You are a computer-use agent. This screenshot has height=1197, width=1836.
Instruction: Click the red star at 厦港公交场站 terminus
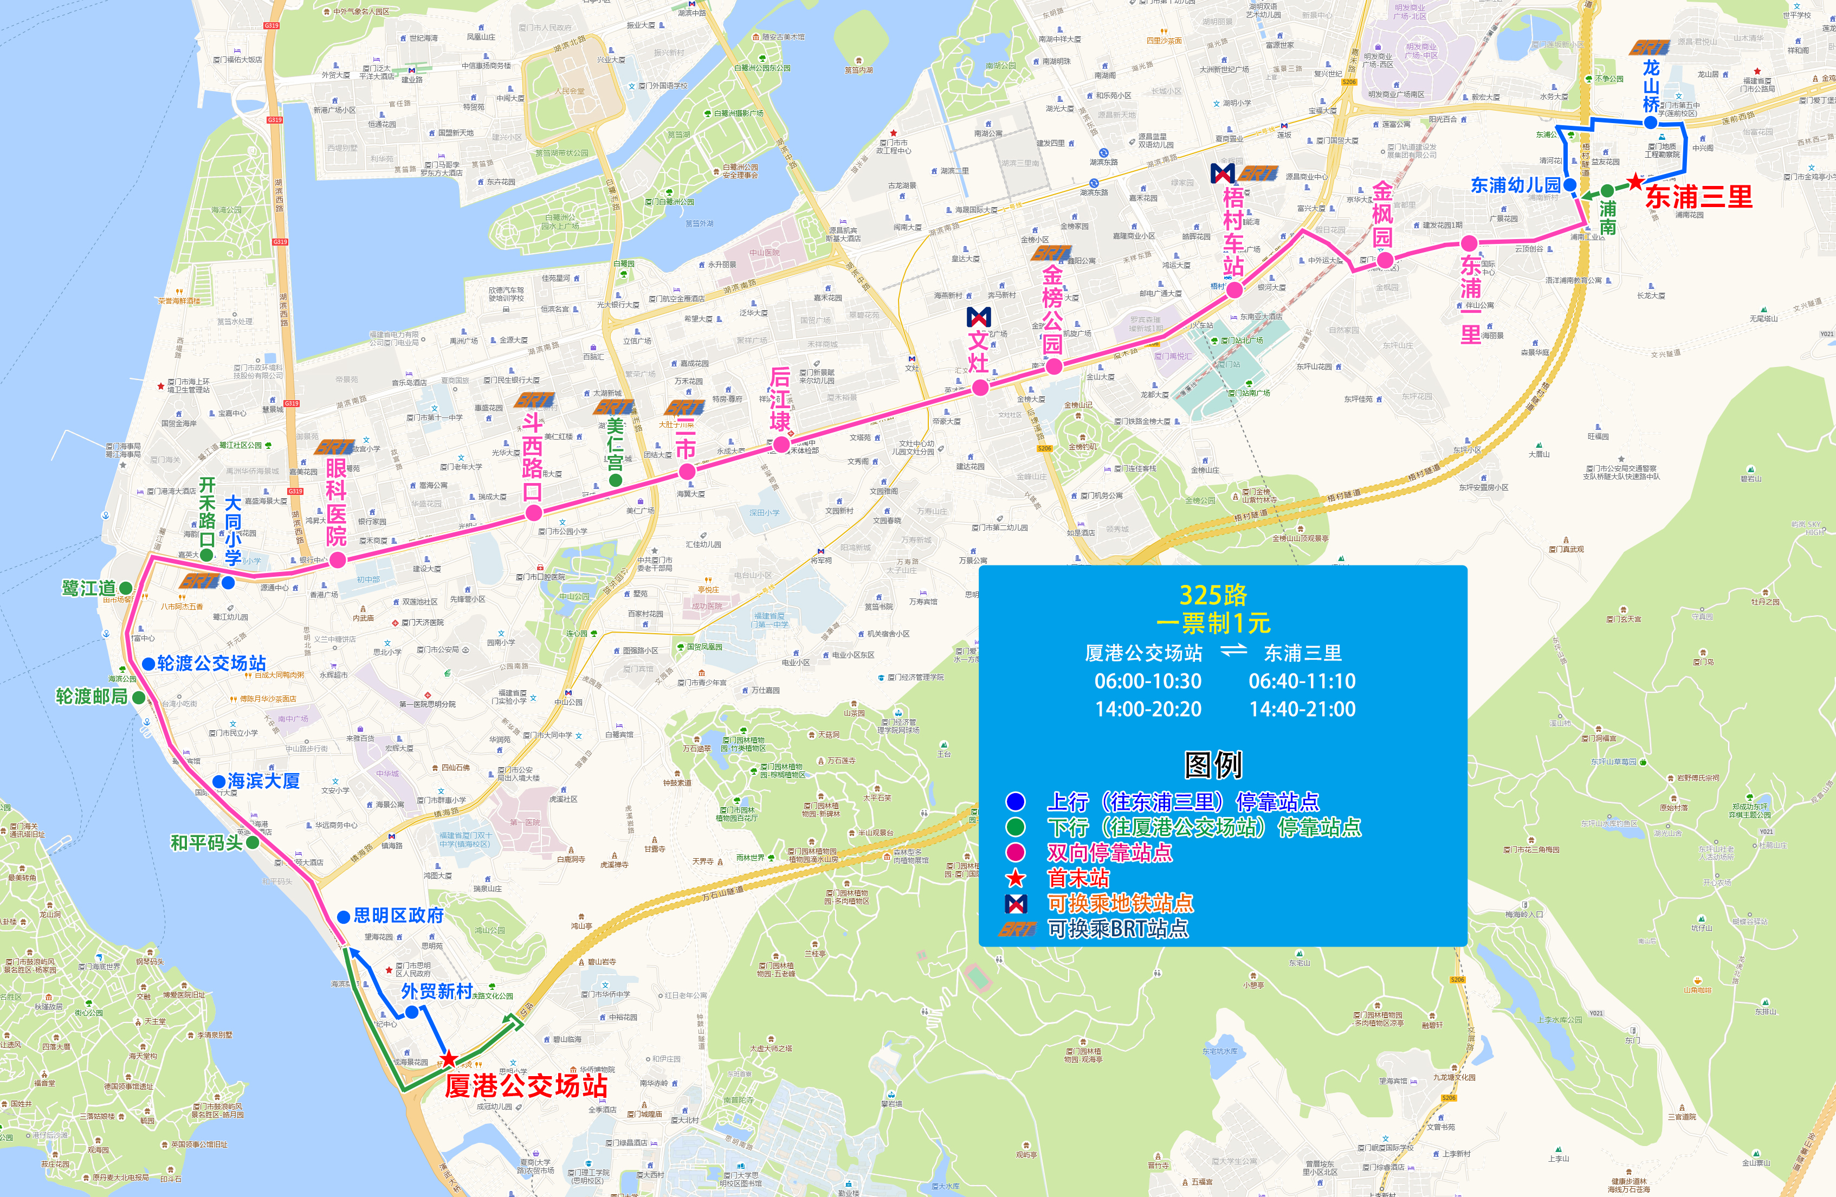pos(448,1058)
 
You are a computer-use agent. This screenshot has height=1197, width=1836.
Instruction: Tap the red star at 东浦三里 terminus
pos(1634,182)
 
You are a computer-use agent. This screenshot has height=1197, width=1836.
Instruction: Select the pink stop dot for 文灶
pos(980,388)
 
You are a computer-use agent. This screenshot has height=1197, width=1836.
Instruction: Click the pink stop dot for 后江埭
pos(781,444)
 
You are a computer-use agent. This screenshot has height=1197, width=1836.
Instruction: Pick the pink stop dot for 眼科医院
pos(337,561)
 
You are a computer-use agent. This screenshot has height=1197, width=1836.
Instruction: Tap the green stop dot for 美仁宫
pos(616,480)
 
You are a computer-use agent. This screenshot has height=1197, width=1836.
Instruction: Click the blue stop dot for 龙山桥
pos(1650,122)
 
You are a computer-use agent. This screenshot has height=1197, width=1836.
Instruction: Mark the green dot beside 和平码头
pos(252,842)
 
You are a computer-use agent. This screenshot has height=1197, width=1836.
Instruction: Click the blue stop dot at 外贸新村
pos(412,1011)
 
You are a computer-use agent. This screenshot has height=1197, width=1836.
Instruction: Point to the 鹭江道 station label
pos(89,588)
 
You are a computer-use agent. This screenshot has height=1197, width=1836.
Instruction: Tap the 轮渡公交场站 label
pos(211,663)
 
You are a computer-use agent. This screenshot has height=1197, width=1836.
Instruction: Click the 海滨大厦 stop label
pos(263,781)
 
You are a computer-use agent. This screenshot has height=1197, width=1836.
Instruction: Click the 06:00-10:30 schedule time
pos(1148,681)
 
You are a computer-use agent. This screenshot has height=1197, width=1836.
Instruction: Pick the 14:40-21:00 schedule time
pos(1302,709)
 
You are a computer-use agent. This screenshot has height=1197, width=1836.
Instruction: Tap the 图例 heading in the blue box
pos(1213,765)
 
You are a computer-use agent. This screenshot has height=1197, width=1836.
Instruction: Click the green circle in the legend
pos(1015,827)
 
